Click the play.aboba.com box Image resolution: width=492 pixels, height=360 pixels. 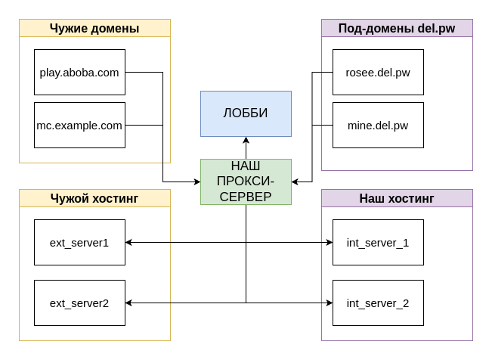[79, 73]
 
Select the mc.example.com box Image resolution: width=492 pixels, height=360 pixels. [79, 126]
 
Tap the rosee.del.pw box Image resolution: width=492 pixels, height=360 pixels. [378, 73]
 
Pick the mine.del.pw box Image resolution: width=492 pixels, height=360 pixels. [378, 126]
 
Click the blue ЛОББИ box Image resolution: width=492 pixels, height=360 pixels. [246, 113]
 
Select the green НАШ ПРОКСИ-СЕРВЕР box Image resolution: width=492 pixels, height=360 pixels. [246, 182]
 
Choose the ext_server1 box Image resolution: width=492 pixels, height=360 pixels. [79, 243]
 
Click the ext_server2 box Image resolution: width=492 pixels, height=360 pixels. [79, 303]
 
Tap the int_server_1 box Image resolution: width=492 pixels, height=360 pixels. [378, 243]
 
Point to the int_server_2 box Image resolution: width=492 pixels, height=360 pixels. [378, 303]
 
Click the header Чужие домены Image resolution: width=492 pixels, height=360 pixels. [94, 29]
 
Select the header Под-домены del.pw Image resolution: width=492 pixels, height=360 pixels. [397, 29]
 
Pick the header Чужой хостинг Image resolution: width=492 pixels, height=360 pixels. [94, 198]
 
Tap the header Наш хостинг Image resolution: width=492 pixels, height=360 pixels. [397, 198]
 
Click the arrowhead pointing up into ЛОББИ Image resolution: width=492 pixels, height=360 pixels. [246, 141]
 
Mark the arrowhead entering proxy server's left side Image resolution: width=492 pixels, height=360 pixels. [196, 182]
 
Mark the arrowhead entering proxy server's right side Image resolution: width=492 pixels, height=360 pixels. [296, 182]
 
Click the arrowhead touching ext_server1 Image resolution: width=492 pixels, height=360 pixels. [129, 243]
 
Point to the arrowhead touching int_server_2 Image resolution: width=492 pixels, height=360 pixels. [329, 303]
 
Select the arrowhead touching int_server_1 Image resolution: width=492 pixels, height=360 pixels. [329, 243]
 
